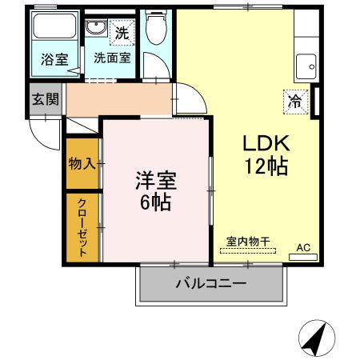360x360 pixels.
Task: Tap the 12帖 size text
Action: coord(265,167)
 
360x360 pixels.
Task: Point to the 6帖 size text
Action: coord(155,202)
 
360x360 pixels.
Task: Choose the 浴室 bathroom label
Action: coord(53,58)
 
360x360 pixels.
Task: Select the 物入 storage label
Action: coord(82,163)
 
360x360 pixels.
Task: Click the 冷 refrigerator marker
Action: coord(295,102)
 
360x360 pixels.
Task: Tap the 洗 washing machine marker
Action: coord(122,33)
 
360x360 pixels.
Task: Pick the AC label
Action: coord(302,247)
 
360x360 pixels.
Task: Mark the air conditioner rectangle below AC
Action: coord(302,256)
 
